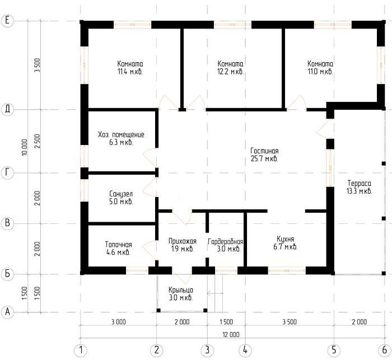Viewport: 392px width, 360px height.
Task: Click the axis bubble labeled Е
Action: click(x=7, y=20)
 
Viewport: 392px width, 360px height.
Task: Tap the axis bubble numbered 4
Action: click(x=245, y=350)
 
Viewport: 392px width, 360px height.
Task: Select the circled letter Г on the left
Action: click(x=7, y=172)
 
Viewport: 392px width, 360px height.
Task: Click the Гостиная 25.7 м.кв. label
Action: click(x=264, y=155)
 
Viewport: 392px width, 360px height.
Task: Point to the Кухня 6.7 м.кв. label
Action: click(x=285, y=242)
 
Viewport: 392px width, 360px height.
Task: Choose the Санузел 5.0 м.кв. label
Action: click(x=121, y=198)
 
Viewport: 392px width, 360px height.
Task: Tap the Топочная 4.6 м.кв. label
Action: click(x=118, y=248)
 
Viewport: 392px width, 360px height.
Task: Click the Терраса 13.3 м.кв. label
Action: click(x=360, y=187)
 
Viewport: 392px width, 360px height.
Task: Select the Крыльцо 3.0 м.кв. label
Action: click(x=181, y=294)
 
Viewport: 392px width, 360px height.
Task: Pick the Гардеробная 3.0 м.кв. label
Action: click(x=226, y=245)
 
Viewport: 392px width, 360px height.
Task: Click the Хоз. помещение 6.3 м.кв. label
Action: click(x=121, y=138)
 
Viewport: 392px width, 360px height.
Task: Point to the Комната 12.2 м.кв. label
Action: click(x=230, y=68)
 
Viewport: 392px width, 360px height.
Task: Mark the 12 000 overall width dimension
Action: click(x=231, y=334)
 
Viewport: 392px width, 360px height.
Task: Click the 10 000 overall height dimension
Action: click(x=24, y=147)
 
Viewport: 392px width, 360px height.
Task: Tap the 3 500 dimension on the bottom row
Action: click(x=290, y=322)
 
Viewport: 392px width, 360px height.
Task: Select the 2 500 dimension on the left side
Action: click(x=37, y=141)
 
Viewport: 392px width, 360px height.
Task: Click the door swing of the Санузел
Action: click(x=150, y=187)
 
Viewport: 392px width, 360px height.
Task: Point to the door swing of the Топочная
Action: click(x=150, y=250)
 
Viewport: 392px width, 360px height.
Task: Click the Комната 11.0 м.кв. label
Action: click(x=320, y=68)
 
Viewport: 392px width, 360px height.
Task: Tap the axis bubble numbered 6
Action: click(x=385, y=350)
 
